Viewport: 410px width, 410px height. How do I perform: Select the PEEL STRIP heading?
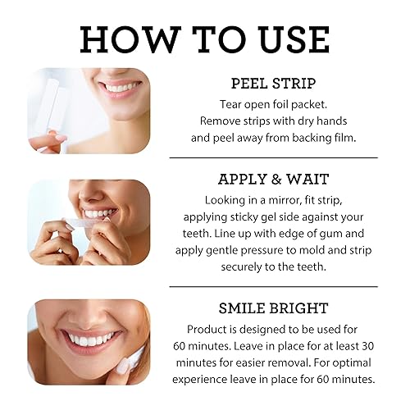[274, 84]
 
